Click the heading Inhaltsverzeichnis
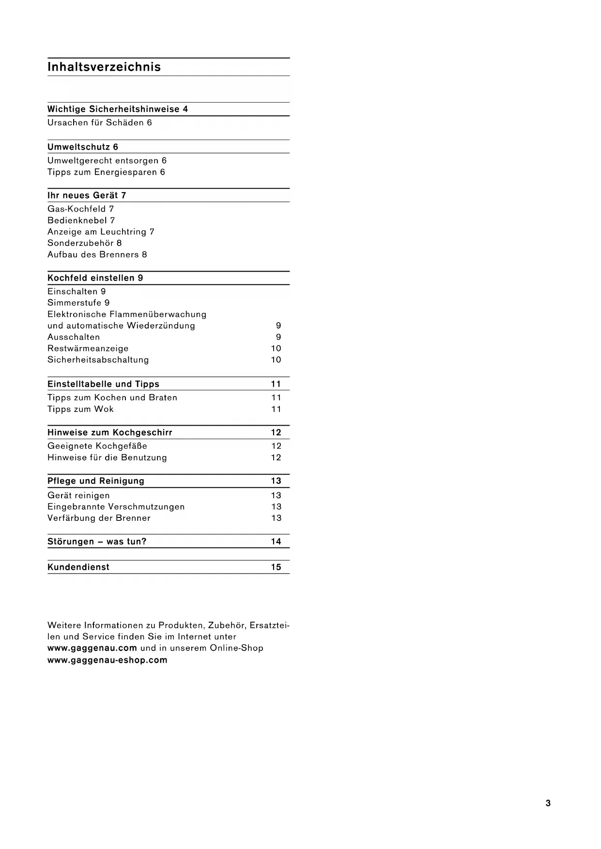pyautogui.click(x=104, y=67)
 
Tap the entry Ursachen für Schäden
pyautogui.click(x=95, y=123)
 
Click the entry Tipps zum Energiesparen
pyautogui.click(x=102, y=172)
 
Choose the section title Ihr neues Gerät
pyautogui.click(x=83, y=196)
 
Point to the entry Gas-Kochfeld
pyautogui.click(x=77, y=209)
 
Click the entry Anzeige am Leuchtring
pyautogui.click(x=97, y=232)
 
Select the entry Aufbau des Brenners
pyautogui.click(x=93, y=255)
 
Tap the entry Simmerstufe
pyautogui.click(x=75, y=303)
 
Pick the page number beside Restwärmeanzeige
pyautogui.click(x=276, y=349)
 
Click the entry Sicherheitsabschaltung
pyautogui.click(x=98, y=360)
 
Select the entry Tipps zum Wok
pyautogui.click(x=80, y=409)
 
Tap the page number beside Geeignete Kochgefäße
pyautogui.click(x=276, y=446)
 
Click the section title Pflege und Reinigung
pyautogui.click(x=96, y=481)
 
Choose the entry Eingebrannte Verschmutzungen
pyautogui.click(x=116, y=507)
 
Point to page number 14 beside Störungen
pyautogui.click(x=276, y=542)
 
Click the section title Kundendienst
pyautogui.click(x=78, y=567)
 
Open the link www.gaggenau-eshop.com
pyautogui.click(x=108, y=660)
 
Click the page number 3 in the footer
pyautogui.click(x=548, y=804)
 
